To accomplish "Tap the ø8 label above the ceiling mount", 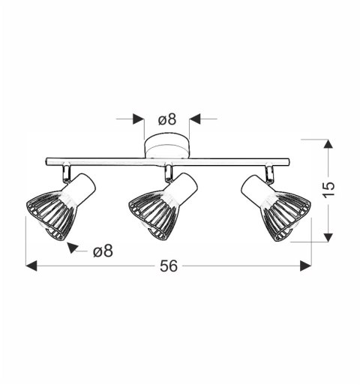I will tap(166, 119).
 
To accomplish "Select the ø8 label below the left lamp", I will tap(103, 251).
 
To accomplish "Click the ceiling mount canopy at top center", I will tap(167, 146).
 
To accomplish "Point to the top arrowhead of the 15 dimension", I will tap(328, 143).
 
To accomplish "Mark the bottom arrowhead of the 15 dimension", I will tap(328, 236).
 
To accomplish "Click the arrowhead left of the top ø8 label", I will tap(137, 119).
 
